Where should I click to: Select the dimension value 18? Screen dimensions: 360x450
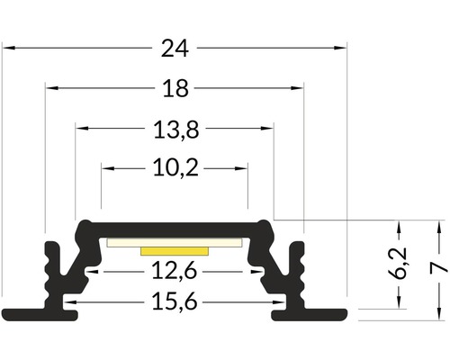[175, 88]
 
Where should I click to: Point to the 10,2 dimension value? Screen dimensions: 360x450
[175, 167]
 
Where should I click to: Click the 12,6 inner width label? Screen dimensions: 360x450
[175, 268]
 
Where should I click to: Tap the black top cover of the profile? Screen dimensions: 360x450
[175, 227]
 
